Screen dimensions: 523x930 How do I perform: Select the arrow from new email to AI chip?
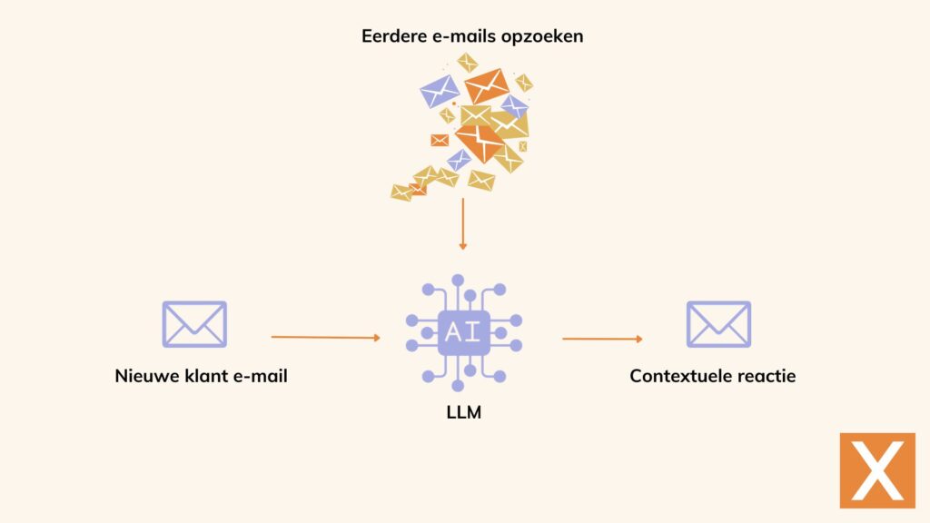coord(325,337)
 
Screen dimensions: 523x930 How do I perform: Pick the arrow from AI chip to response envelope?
coord(602,339)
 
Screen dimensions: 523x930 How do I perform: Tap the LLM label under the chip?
coord(464,412)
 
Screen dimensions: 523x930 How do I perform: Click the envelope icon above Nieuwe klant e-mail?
coord(194,324)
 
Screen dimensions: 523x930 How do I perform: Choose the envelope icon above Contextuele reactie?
coord(718,324)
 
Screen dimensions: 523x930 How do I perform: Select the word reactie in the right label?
coord(767,376)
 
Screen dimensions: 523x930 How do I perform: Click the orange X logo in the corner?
coord(877,470)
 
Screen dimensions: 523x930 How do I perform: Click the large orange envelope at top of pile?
coord(487,85)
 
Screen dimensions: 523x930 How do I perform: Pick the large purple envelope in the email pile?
coord(440,91)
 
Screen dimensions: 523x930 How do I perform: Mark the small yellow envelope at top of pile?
coord(468,62)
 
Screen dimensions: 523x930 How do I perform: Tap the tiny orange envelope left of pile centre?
coord(440,140)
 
